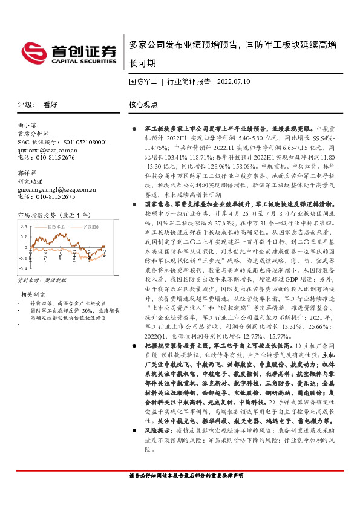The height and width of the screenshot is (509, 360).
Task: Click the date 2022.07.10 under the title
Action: point(234,80)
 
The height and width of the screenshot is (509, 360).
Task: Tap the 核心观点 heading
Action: point(143,104)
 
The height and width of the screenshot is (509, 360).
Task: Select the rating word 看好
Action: point(50,104)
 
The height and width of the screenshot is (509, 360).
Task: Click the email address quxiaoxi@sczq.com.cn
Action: point(48,150)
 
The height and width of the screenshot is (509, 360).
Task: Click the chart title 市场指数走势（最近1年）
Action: point(54,215)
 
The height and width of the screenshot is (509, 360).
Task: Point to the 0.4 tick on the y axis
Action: point(24,227)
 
